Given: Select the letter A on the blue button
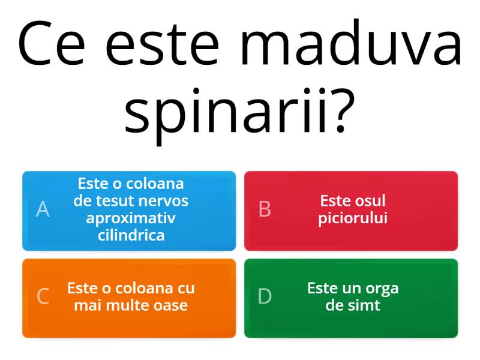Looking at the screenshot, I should point(43,209).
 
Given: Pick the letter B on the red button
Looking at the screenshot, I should point(265,209).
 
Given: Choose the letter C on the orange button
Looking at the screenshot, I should point(43,297).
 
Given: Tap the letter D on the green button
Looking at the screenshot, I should point(265,297).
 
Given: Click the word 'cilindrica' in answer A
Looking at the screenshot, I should point(131,235).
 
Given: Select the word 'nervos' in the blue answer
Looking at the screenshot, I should point(160,200).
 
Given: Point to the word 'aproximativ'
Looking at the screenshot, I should point(131,218).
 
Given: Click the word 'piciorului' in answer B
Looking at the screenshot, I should point(353,218).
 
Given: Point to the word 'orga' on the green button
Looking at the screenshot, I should point(382,288).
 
